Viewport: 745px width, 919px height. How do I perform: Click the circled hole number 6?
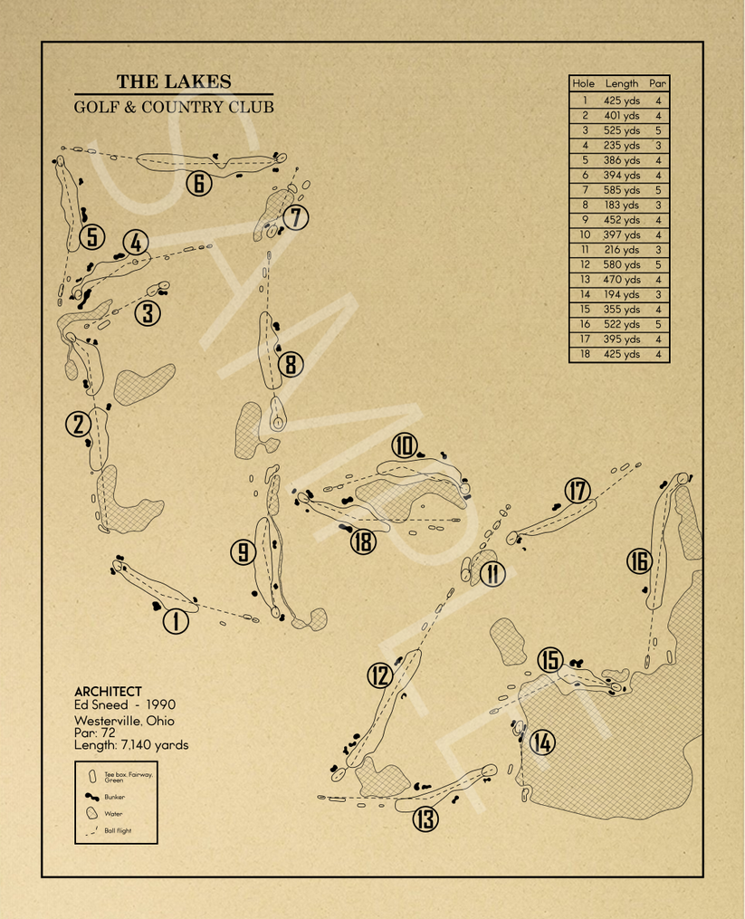pos(199,184)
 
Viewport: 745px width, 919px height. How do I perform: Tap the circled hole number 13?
pos(425,819)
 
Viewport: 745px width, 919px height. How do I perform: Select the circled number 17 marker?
pos(578,491)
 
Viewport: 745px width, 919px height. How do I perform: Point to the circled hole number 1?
pos(176,620)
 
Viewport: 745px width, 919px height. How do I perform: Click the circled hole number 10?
pos(404,445)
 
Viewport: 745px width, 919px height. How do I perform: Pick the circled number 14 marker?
pos(541,742)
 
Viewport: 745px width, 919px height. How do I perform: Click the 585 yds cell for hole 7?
pos(621,190)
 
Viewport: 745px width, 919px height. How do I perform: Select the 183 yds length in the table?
pos(621,206)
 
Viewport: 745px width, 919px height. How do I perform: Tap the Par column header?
pos(657,83)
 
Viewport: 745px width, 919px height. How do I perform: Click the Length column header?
pos(621,83)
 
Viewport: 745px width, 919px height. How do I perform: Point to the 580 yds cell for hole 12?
pos(621,265)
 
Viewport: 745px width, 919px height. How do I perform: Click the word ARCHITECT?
pos(108,692)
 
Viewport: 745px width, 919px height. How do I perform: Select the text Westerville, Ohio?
pos(124,721)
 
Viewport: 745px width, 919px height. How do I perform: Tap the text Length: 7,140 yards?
pos(131,745)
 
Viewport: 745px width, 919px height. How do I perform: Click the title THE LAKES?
pos(173,81)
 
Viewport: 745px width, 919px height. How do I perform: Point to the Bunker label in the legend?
pos(114,798)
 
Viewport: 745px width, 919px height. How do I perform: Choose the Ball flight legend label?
pos(118,830)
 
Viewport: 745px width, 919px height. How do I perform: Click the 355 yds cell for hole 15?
pos(621,310)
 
